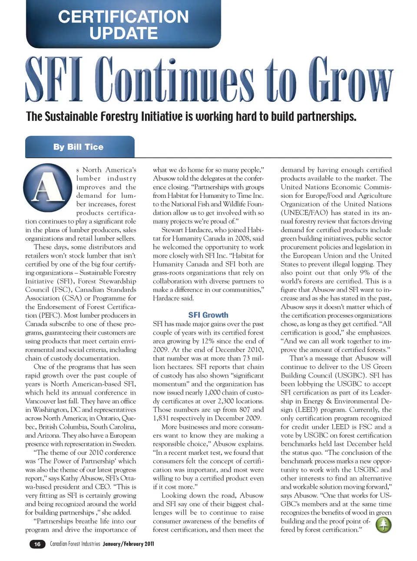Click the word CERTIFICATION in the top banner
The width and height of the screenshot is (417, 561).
[x=123, y=17]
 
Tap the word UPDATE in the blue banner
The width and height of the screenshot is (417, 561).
[x=123, y=33]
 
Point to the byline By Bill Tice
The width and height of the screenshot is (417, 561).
[x=79, y=147]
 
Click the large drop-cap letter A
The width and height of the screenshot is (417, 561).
[x=48, y=187]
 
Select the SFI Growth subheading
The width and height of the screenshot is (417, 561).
[x=208, y=315]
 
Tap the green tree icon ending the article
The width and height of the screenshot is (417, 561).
[x=383, y=525]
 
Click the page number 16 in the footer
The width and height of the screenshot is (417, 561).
[x=37, y=544]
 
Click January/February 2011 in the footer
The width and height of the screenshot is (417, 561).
[x=129, y=544]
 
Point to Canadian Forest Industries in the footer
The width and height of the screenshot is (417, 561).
[x=75, y=544]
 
